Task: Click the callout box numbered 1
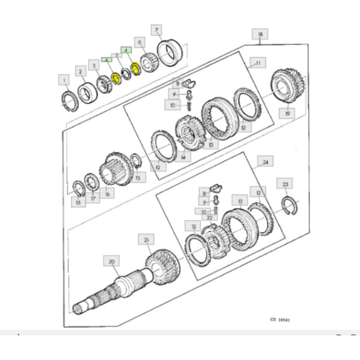[64, 80]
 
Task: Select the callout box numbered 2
[80, 70]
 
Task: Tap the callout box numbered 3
[94, 65]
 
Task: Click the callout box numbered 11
[257, 63]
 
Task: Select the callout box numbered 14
[183, 156]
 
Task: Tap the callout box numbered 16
[107, 194]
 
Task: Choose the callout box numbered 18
[260, 34]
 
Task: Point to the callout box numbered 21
[146, 240]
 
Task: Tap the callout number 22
[209, 217]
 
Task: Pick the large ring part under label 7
[169, 53]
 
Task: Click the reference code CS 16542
[280, 319]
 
